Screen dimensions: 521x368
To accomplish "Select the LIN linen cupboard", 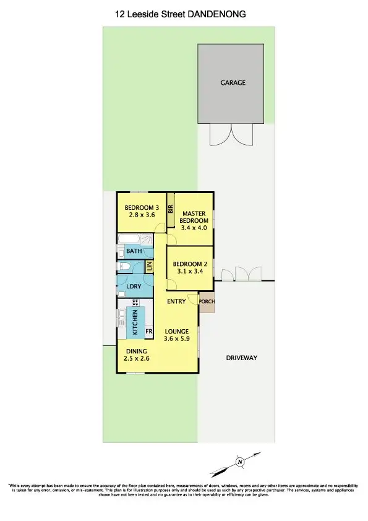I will pyautogui.click(x=148, y=266).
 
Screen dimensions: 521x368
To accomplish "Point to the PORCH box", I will pyautogui.click(x=206, y=303).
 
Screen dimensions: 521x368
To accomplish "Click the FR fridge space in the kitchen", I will pyautogui.click(x=148, y=332).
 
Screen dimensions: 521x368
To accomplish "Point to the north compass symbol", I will pyautogui.click(x=239, y=461).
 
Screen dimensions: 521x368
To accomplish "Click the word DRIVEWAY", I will pyautogui.click(x=241, y=358).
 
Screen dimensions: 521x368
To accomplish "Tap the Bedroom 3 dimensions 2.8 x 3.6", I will pyautogui.click(x=142, y=215).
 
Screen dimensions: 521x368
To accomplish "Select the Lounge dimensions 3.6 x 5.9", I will pyautogui.click(x=176, y=339).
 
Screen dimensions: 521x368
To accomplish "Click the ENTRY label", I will pyautogui.click(x=177, y=301).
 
